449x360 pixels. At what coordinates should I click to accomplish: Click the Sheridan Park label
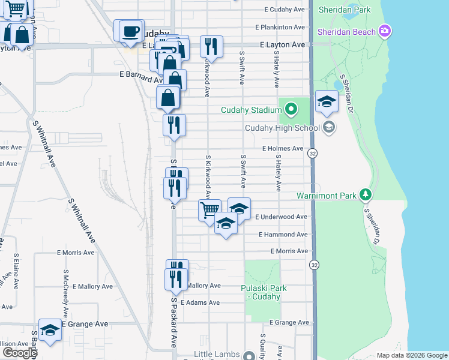pos(345,10)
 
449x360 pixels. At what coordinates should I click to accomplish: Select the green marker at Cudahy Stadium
pos(291,110)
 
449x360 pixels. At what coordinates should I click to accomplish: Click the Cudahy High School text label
pos(282,128)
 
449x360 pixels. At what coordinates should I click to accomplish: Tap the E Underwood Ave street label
pos(282,217)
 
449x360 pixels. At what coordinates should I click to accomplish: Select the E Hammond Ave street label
pos(283,235)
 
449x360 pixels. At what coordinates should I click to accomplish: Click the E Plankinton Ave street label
pos(280,28)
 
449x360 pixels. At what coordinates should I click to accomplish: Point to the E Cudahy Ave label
pos(286,10)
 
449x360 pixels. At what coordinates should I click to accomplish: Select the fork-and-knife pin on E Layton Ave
pos(211,46)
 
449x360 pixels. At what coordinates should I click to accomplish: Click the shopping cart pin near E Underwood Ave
pos(209,210)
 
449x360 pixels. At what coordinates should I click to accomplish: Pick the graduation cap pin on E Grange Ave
pos(50,329)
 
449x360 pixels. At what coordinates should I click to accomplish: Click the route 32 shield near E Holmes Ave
pos(313,154)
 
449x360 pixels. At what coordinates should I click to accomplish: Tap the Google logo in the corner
pos(19,353)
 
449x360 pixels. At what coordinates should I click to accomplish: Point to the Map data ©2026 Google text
pos(412,355)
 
